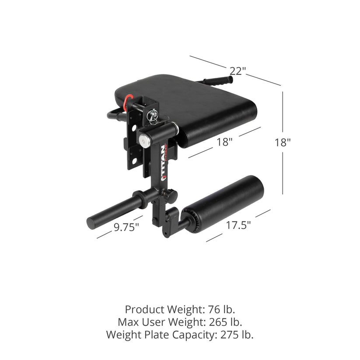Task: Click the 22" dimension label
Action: point(236,70)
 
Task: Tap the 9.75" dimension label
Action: point(126,227)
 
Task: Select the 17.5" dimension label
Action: point(238,225)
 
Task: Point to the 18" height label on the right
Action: point(283,142)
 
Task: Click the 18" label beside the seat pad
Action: point(224,142)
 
